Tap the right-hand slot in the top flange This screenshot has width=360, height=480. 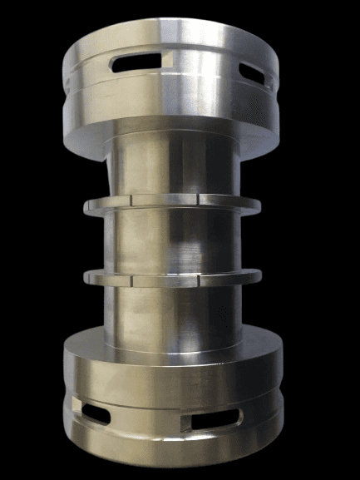(x=254, y=74)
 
